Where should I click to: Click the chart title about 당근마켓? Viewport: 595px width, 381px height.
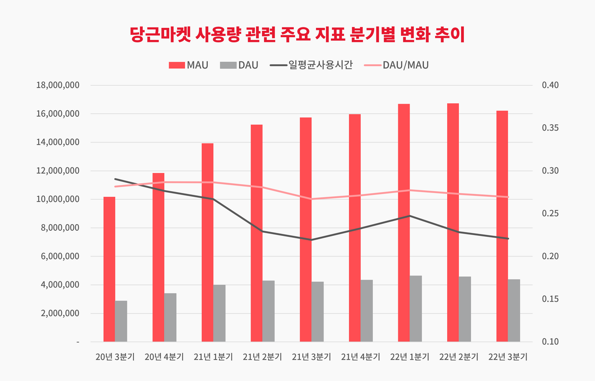(x=297, y=35)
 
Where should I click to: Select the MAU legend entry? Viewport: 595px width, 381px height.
(x=188, y=65)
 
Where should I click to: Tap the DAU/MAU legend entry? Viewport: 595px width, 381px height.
(x=396, y=65)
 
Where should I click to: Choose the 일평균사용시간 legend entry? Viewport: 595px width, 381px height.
(x=311, y=65)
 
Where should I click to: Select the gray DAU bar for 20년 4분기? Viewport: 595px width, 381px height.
(x=170, y=317)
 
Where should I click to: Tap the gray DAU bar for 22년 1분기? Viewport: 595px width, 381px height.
(x=416, y=308)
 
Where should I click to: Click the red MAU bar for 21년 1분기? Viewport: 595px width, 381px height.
(x=207, y=242)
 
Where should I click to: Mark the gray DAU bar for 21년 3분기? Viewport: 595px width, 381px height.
(x=317, y=312)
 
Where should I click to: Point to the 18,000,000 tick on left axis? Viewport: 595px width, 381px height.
(x=58, y=86)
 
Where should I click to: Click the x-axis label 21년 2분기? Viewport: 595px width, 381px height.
(x=262, y=357)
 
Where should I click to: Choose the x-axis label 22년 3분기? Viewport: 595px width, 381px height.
(x=508, y=357)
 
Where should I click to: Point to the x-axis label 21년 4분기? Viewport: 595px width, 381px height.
(x=361, y=357)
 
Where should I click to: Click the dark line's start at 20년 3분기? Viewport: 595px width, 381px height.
(x=115, y=179)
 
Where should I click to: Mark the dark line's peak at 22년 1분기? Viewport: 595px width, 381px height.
(x=410, y=216)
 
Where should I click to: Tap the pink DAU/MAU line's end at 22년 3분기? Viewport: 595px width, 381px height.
(x=508, y=197)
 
